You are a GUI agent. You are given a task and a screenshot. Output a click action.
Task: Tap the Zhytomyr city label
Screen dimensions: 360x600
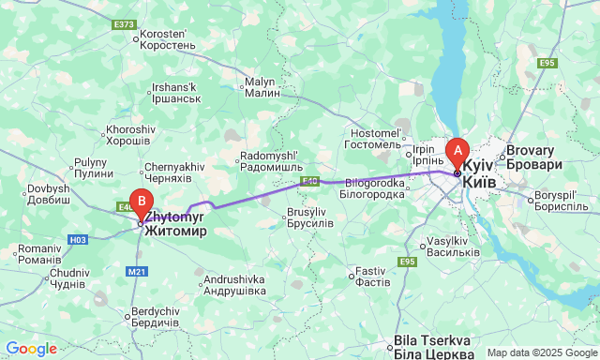click(175, 223)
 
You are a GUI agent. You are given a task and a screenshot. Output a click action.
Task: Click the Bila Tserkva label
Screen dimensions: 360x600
click(432, 349)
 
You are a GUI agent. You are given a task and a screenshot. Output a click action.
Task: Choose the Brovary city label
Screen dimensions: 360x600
click(533, 157)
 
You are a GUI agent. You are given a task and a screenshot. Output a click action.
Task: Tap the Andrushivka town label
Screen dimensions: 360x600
click(233, 284)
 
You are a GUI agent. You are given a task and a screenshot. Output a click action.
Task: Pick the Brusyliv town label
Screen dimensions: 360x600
click(309, 217)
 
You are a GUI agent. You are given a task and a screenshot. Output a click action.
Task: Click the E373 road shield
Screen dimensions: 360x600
click(123, 24)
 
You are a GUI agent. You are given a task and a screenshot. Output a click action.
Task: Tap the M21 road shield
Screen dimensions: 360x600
click(137, 272)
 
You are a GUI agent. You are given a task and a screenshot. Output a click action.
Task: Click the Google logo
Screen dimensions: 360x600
click(30, 349)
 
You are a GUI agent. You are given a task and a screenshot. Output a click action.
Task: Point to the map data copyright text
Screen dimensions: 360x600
click(541, 352)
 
